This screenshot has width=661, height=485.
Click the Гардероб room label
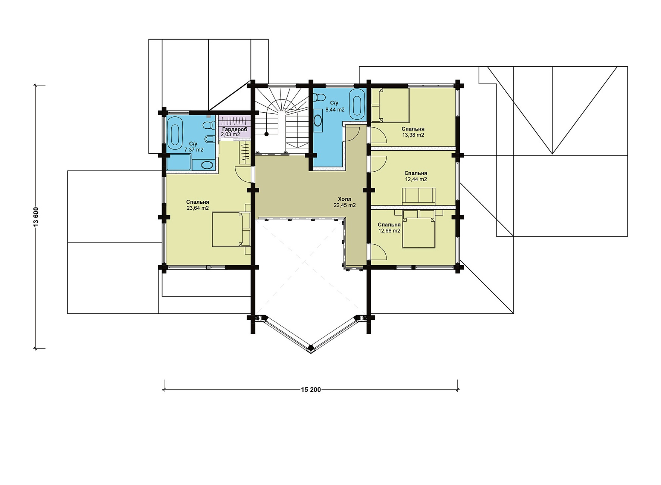pyautogui.click(x=234, y=129)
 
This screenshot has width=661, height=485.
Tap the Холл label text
pyautogui.click(x=345, y=199)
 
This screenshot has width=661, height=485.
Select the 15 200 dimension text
pyautogui.click(x=311, y=390)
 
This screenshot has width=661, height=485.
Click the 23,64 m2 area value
pyautogui.click(x=197, y=208)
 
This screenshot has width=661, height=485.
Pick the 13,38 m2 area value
pyautogui.click(x=413, y=135)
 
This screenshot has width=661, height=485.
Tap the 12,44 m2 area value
pyautogui.click(x=416, y=179)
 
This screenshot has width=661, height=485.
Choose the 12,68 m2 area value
pyautogui.click(x=389, y=231)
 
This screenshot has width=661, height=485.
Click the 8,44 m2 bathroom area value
pyautogui.click(x=335, y=110)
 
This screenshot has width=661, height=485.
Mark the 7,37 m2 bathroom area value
pyautogui.click(x=194, y=150)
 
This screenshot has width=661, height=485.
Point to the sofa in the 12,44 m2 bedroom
pyautogui.click(x=419, y=196)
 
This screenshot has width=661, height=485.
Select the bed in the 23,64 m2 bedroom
pyautogui.click(x=232, y=229)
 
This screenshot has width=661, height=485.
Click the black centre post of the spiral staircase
pyautogui.click(x=266, y=134)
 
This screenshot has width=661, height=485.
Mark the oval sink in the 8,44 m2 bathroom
pyautogui.click(x=318, y=120)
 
